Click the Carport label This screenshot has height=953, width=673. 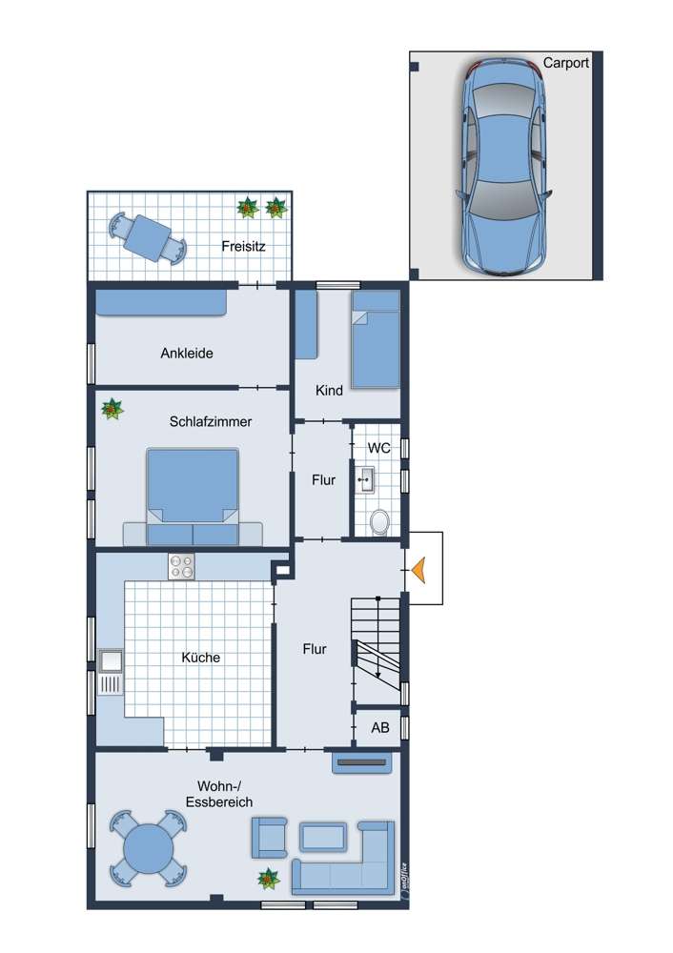tap(565, 63)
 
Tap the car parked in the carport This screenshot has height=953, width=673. tap(504, 167)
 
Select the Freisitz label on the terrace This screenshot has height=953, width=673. tap(243, 246)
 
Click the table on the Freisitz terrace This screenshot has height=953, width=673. tap(147, 237)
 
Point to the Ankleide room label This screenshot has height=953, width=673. tap(187, 354)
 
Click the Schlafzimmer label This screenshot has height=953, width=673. tap(211, 422)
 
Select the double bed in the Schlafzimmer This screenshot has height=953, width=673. tap(193, 497)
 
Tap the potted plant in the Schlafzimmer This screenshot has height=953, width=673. tap(112, 409)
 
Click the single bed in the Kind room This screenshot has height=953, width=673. tap(376, 339)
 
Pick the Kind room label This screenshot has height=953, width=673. tap(329, 390)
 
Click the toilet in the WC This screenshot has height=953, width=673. tap(380, 522)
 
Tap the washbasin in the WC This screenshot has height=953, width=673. tap(366, 480)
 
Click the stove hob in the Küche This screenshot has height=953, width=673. tap(181, 566)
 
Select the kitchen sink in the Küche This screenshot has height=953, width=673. tap(111, 672)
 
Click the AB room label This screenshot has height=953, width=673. tap(380, 727)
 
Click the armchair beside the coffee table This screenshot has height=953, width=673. tap(269, 838)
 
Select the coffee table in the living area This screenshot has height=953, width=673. tap(323, 837)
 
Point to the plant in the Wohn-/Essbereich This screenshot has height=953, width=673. tap(268, 879)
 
